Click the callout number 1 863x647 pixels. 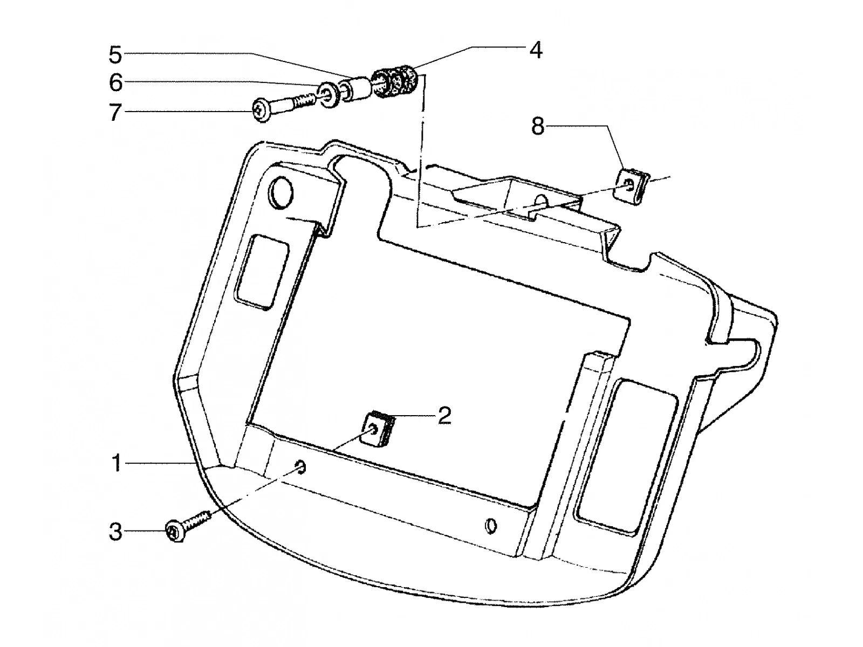(x=117, y=463)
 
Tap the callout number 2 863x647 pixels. (x=444, y=415)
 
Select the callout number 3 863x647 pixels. (x=115, y=532)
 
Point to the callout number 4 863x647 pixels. (x=536, y=50)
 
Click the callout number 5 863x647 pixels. (x=115, y=54)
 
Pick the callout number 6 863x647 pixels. (x=115, y=83)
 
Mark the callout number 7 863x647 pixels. (x=114, y=112)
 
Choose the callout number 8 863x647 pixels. (x=537, y=126)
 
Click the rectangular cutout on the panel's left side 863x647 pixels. (x=262, y=271)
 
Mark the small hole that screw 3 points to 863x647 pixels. (x=301, y=467)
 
